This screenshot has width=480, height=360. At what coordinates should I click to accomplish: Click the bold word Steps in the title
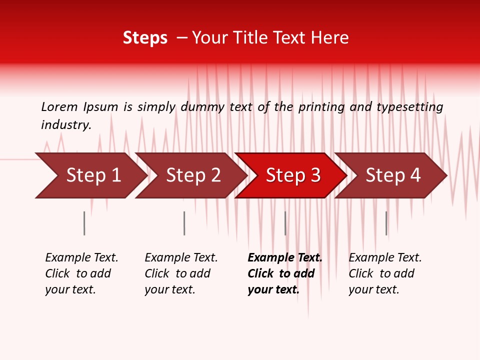point(145,38)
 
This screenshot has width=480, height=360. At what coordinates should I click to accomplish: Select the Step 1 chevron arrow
point(90,175)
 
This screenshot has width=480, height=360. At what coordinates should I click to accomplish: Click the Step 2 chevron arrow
point(190,175)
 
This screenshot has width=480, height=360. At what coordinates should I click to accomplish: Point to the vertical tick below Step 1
point(84,223)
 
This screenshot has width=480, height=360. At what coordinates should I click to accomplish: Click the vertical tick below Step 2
point(184,223)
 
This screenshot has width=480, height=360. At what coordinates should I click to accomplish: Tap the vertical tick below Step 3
point(285,223)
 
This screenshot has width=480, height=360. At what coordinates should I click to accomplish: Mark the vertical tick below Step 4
point(386,223)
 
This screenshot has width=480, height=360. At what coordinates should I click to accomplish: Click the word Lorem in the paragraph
point(59,107)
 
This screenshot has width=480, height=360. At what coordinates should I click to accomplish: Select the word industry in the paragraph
point(66,125)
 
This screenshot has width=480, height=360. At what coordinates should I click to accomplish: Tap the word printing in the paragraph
point(321,107)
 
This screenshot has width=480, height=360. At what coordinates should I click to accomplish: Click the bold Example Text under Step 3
point(285,258)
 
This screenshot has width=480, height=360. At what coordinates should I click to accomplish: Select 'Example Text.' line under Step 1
point(81,258)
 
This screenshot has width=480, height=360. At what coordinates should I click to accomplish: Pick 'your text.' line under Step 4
point(373,289)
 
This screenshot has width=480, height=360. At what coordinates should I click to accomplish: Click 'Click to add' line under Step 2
point(177,274)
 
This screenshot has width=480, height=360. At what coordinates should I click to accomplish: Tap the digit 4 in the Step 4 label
point(415,175)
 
